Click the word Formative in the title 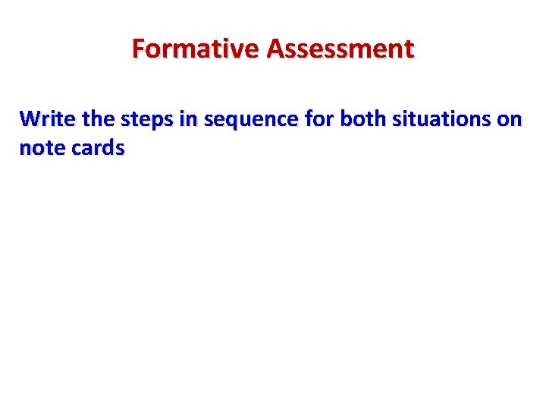point(196,49)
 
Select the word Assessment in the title point(340,49)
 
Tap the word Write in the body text point(45,119)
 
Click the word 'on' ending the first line point(510,121)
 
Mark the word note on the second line point(42,149)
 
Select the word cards point(97,149)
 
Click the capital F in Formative point(139,49)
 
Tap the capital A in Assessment point(275,49)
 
